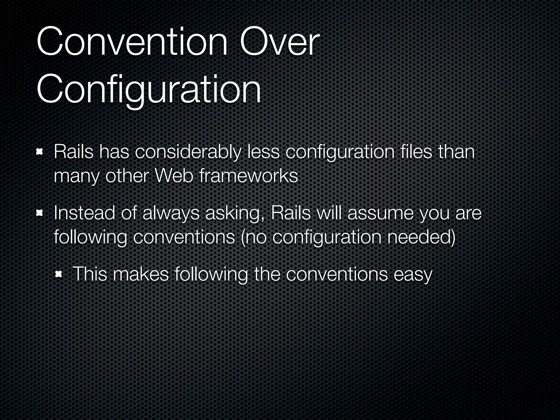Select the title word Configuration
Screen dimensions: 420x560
[149, 90]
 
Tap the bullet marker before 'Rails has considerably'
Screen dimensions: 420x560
[40, 152]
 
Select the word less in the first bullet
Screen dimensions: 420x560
[263, 152]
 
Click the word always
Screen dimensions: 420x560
[171, 214]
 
